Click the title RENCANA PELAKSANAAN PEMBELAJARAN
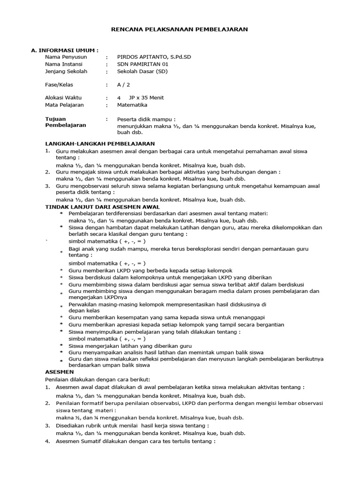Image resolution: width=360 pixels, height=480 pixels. point(179,29)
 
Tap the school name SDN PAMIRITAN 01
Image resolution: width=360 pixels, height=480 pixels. point(142,64)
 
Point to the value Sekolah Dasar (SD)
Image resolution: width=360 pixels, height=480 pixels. point(142,72)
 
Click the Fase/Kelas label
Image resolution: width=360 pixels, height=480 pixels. point(59,85)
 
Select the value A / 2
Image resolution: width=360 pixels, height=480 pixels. point(124,85)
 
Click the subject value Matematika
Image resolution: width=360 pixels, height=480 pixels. point(132,105)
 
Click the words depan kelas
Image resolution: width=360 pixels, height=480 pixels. point(84,310)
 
